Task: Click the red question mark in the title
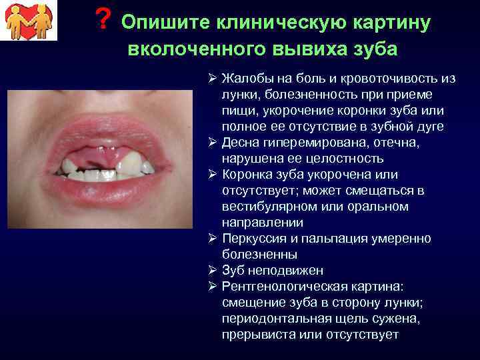tap(102, 21)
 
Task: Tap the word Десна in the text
tap(241, 143)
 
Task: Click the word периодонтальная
tap(277, 319)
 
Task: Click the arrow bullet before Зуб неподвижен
tap(211, 270)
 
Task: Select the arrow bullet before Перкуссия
tap(211, 238)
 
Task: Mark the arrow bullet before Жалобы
tap(211, 78)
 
